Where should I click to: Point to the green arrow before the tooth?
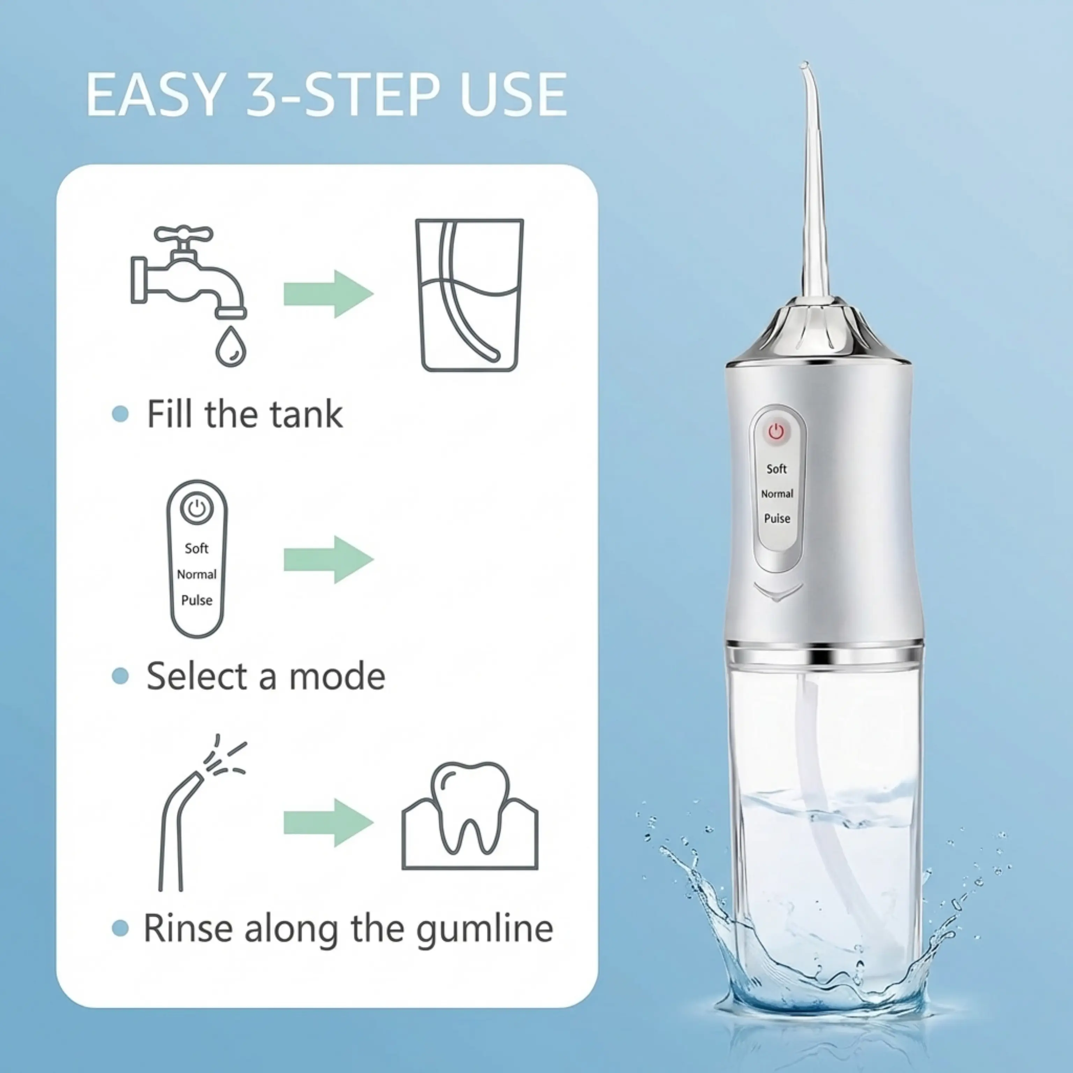pos(329,823)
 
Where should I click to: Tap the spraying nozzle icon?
pos(200,816)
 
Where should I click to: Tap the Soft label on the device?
pos(776,469)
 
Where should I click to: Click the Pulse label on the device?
pos(777,518)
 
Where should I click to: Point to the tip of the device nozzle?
pos(804,64)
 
